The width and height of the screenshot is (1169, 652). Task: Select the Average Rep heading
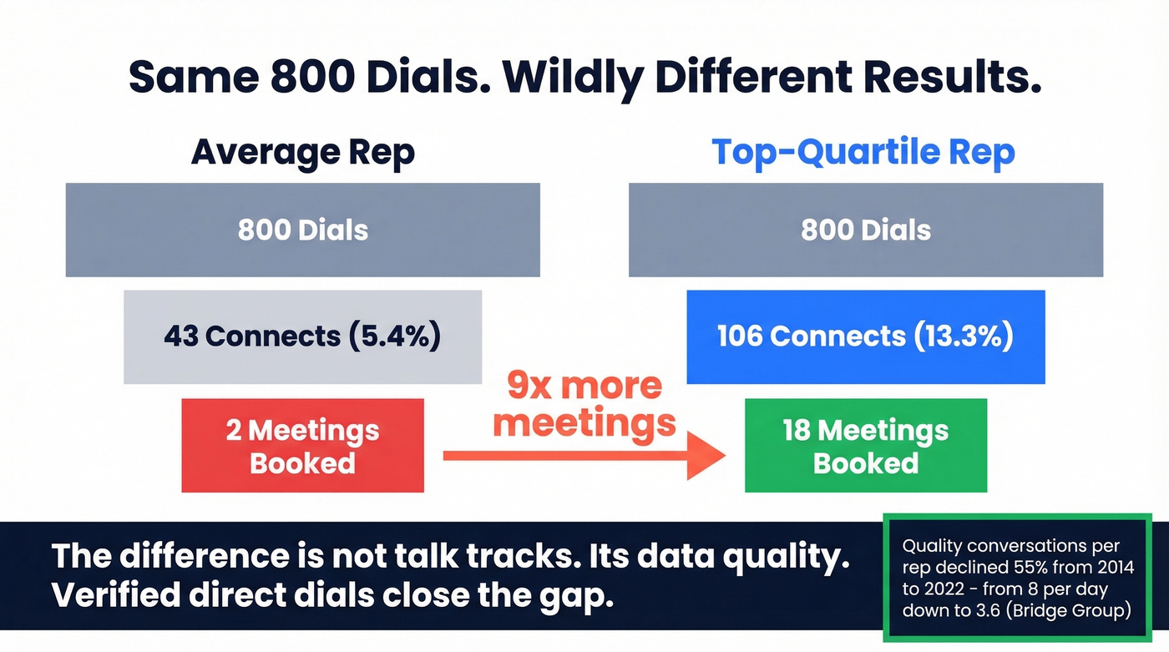coord(302,153)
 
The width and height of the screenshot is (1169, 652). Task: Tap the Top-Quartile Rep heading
coord(863,153)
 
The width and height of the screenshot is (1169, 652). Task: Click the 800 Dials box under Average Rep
coord(302,230)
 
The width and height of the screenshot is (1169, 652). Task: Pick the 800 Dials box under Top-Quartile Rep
coord(865,230)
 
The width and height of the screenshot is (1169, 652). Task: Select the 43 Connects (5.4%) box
coord(302,336)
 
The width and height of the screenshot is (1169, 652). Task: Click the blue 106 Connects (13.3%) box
coord(865,336)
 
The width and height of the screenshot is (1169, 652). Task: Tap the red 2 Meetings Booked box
coord(302,446)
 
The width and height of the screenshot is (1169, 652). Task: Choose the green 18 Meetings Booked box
coord(865,446)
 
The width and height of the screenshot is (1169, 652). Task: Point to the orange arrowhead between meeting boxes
coord(706,456)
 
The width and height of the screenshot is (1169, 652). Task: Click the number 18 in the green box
coord(797,431)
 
